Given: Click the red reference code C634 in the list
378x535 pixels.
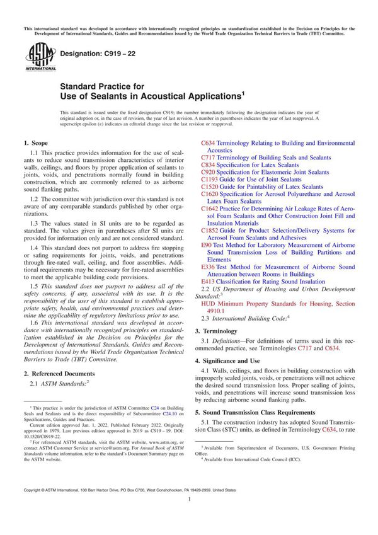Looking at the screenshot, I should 208,144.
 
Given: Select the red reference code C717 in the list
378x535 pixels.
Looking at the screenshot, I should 208,158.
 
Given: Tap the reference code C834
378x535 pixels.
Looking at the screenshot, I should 208,164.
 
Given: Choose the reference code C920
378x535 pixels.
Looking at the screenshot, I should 208,172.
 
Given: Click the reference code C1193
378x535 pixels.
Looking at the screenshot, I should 210,179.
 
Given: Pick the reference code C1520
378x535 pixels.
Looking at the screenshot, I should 210,187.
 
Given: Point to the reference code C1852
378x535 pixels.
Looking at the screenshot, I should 210,230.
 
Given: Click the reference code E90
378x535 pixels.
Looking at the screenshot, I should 206,244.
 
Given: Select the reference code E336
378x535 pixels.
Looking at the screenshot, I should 207,267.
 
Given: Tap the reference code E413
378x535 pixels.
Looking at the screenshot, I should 207,281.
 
